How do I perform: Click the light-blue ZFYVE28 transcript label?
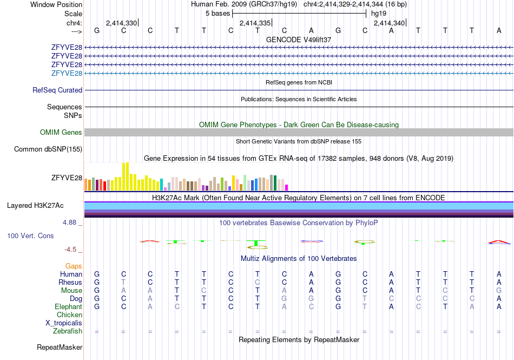click(67, 73)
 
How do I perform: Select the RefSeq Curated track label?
click(57, 90)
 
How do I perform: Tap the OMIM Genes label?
click(61, 132)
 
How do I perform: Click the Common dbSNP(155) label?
click(48, 149)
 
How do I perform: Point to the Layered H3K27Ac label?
click(35, 206)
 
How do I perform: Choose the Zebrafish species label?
click(68, 331)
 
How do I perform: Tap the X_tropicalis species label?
click(64, 323)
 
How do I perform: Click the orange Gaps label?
click(74, 266)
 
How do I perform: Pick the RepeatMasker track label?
click(60, 347)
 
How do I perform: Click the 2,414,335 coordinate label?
click(255, 23)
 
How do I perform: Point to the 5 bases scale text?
click(218, 14)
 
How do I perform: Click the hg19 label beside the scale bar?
click(379, 14)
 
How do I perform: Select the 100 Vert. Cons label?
click(30, 235)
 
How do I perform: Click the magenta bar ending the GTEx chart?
click(287, 187)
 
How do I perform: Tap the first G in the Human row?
click(97, 274)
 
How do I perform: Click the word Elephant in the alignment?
click(69, 306)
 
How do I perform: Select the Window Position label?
click(56, 4)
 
